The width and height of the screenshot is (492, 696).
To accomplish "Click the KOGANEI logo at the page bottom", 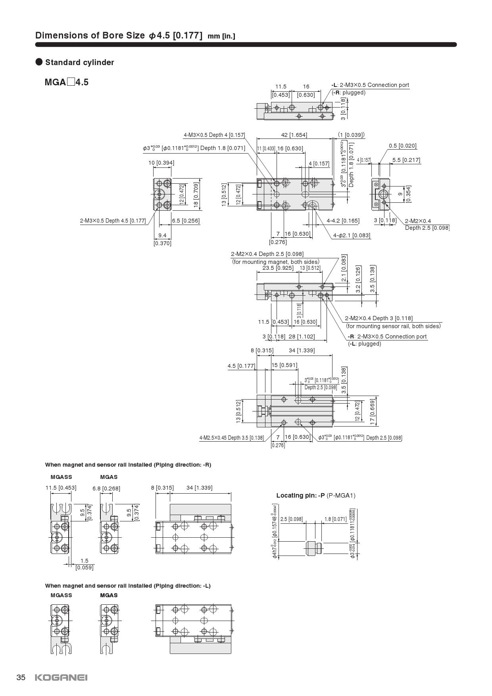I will (x=61, y=677).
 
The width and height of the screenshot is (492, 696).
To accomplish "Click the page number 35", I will (x=21, y=677).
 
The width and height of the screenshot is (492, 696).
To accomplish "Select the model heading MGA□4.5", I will (x=67, y=83).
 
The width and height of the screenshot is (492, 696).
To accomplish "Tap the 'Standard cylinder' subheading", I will (x=79, y=62).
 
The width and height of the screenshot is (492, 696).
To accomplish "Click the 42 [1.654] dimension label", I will (x=294, y=135).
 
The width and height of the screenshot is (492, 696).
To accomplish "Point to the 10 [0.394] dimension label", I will (x=161, y=163).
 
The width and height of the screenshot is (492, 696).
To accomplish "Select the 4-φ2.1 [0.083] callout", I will (x=352, y=235).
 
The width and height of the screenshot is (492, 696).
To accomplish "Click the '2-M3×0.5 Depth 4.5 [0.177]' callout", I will (x=113, y=221).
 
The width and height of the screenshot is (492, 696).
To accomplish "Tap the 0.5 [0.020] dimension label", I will (x=403, y=146).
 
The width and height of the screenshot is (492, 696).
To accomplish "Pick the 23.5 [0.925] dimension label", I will (x=278, y=268).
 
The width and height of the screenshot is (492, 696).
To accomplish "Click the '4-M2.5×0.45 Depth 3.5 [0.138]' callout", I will (x=231, y=438).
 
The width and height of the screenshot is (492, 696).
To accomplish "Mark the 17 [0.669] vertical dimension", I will (x=373, y=412).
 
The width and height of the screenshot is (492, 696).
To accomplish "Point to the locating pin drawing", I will (x=315, y=548).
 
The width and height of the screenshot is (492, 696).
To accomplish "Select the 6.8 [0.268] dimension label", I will (x=106, y=488).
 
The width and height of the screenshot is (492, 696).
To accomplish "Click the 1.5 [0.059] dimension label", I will (x=85, y=564).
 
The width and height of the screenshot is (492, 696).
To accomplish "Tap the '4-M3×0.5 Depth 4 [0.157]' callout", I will (x=214, y=135).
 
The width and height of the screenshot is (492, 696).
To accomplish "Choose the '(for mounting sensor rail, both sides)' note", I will (x=393, y=326).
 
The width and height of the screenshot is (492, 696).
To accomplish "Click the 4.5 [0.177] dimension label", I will (x=241, y=366).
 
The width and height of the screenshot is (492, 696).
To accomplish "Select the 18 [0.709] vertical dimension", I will (x=196, y=195).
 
